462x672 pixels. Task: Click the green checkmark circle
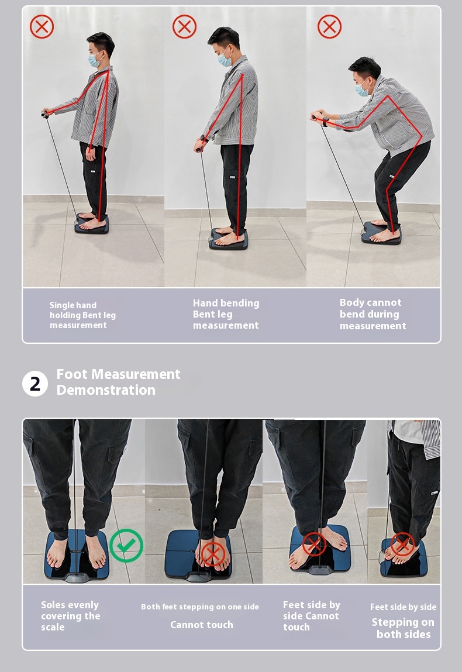(x=126, y=546)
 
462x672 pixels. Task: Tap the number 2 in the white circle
(x=35, y=384)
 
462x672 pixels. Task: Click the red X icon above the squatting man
(x=329, y=26)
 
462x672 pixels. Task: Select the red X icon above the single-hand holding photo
(x=42, y=26)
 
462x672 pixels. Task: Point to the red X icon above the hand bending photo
(x=184, y=26)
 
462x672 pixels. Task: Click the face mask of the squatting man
(x=362, y=89)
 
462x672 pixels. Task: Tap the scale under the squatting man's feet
(x=381, y=233)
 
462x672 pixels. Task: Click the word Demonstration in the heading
(x=106, y=390)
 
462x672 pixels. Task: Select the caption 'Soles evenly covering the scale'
(x=70, y=616)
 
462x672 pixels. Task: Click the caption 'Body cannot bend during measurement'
(x=373, y=314)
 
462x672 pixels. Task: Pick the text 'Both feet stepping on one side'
(x=200, y=606)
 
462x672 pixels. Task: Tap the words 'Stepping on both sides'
(x=403, y=628)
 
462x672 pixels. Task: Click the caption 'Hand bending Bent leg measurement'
(x=226, y=314)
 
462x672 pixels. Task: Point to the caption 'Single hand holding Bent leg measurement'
(x=82, y=315)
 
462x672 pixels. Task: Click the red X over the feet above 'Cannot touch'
(x=213, y=554)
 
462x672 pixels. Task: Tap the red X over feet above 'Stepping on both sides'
(x=403, y=545)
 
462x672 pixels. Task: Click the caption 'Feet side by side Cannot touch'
(x=312, y=616)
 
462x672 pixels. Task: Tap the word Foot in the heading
(x=72, y=374)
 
